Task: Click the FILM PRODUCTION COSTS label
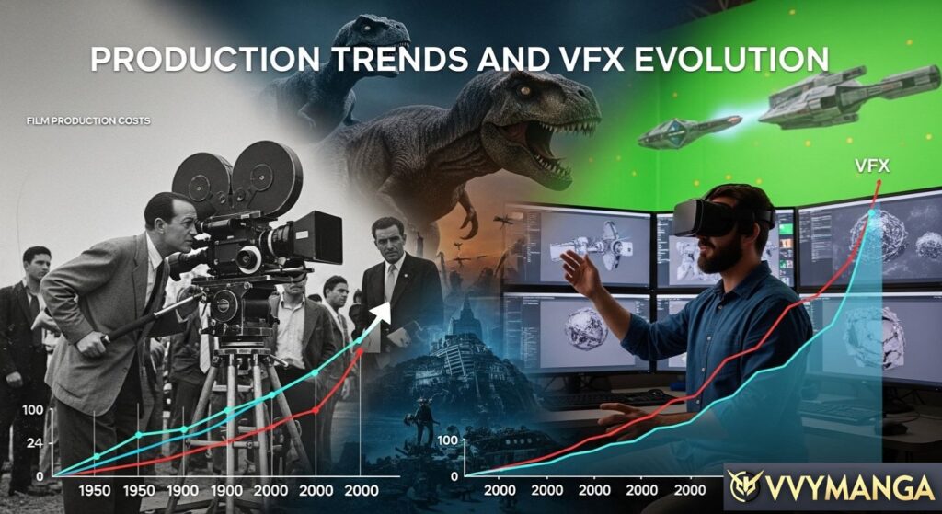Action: [88, 121]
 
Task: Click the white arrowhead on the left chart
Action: [383, 311]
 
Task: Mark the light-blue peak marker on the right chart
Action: [872, 213]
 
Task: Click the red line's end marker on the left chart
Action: [360, 351]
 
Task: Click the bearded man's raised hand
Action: [579, 271]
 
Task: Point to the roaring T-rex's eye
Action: [525, 91]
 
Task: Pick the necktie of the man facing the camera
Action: [390, 281]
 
